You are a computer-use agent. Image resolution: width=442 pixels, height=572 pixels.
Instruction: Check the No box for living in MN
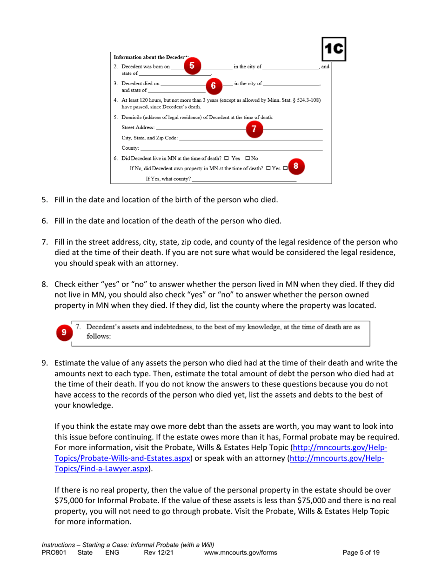[x=252, y=159]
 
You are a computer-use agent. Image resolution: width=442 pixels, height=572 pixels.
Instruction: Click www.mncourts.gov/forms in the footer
[x=241, y=552]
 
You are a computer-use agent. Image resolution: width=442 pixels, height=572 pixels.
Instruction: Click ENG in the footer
[x=113, y=552]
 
